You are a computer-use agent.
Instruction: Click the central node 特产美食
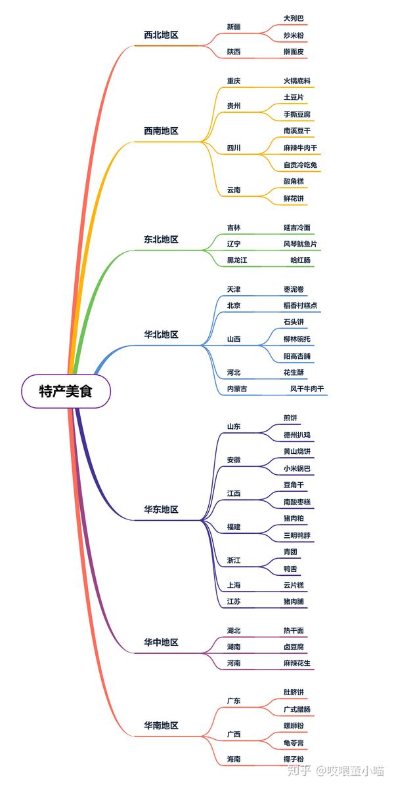[66, 392]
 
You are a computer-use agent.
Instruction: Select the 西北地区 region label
[161, 35]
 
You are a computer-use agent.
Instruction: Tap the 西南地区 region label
[161, 131]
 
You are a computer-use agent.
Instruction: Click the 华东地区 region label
[161, 510]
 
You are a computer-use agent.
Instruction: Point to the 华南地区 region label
[161, 726]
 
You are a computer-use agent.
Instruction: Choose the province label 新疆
[234, 27]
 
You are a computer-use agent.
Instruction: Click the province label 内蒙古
[237, 390]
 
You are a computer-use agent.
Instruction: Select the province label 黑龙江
[237, 260]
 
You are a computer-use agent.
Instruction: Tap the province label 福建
[234, 527]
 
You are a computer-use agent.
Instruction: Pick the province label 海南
[234, 759]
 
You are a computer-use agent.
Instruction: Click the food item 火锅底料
[297, 81]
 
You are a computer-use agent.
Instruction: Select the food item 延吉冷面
[297, 228]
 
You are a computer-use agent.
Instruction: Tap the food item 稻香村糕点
[300, 306]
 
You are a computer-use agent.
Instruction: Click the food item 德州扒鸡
[297, 435]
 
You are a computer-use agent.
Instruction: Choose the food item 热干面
[294, 631]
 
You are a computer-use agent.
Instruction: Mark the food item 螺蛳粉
[294, 726]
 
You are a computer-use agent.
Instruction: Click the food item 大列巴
[294, 18]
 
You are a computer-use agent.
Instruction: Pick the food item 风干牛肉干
[307, 390]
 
